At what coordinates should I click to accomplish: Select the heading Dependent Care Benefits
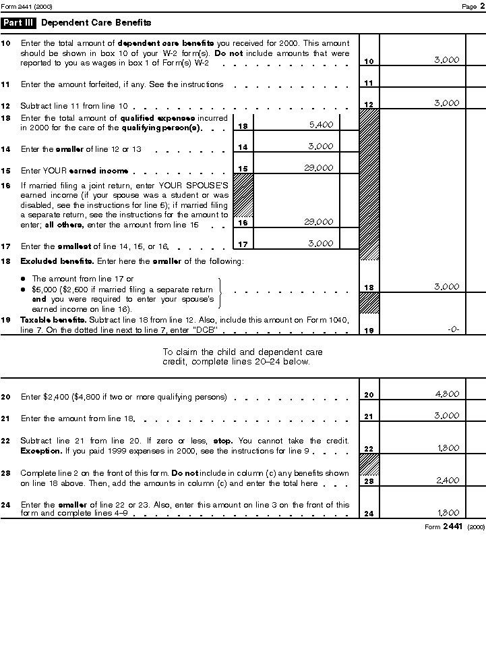click(x=96, y=22)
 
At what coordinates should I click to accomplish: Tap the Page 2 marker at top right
click(x=469, y=6)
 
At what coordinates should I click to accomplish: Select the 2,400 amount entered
click(x=447, y=480)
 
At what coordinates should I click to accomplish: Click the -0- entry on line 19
click(x=453, y=329)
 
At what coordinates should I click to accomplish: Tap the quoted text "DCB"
click(x=204, y=329)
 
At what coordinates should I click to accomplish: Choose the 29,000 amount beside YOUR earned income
click(x=319, y=167)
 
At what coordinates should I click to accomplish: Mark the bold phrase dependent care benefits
click(x=156, y=43)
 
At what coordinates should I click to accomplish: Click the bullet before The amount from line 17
click(x=23, y=279)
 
